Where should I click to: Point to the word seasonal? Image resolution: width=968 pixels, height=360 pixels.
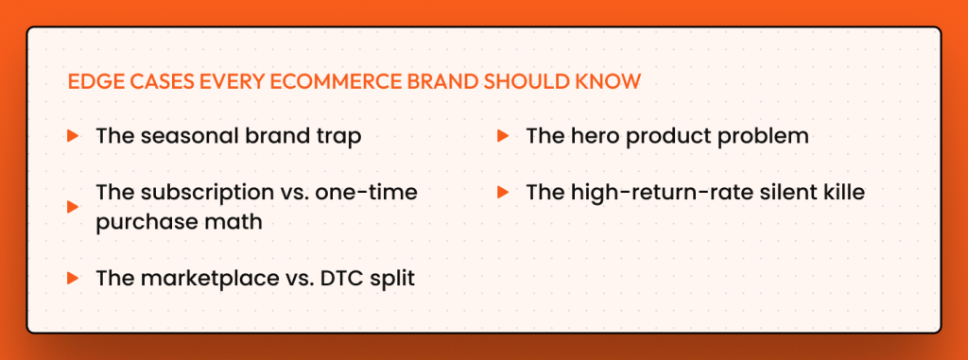(181, 136)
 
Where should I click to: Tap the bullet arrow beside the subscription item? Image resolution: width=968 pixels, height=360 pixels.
(72, 207)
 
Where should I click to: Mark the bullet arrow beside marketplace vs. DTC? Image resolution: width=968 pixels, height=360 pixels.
(72, 279)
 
